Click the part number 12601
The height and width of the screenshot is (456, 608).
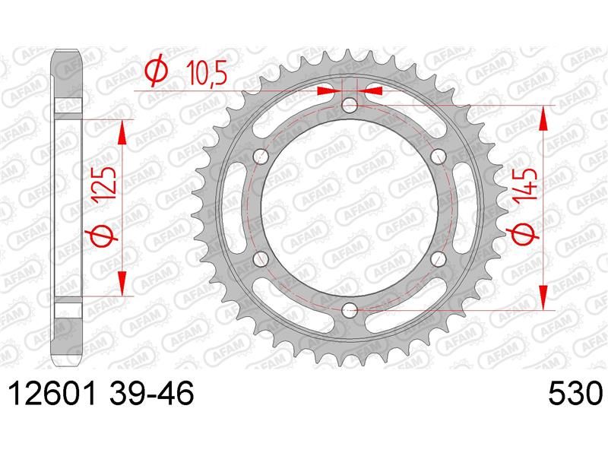coord(52,393)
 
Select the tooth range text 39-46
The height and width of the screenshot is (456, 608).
coord(151,393)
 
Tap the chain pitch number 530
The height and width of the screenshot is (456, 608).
coord(575,393)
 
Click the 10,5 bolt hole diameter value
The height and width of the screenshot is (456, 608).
coord(206,73)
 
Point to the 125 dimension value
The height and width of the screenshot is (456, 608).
coord(105,183)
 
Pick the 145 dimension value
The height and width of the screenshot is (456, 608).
coord(526,185)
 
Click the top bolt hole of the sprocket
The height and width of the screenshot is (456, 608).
coord(350,104)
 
